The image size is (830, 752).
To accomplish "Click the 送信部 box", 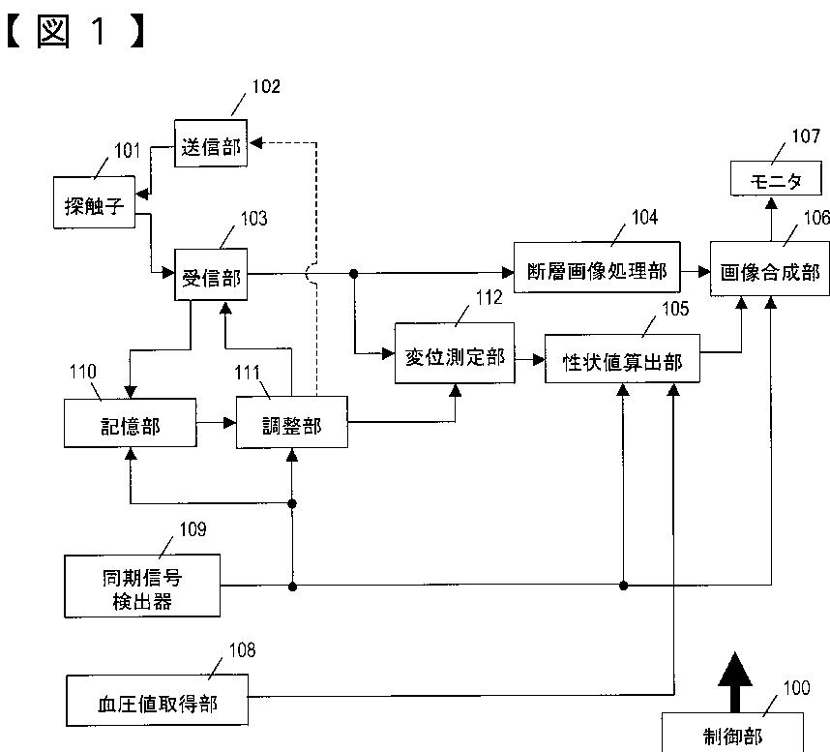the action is [x=211, y=143].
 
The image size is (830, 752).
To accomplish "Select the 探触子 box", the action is [x=94, y=203].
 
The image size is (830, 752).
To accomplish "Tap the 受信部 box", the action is [x=211, y=275].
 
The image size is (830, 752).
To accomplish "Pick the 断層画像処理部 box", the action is [x=597, y=267].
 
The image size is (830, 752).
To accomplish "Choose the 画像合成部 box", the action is [x=770, y=268].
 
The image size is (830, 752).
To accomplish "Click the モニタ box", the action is [x=776, y=178].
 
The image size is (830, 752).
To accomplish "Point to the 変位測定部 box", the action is [x=455, y=353].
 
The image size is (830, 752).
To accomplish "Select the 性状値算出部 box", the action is [x=623, y=358].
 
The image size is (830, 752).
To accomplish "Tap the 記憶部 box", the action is [x=131, y=423].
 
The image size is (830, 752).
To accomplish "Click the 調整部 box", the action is [x=292, y=422].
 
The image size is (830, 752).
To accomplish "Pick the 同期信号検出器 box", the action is [x=142, y=587].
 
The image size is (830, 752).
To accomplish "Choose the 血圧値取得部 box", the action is [x=158, y=700].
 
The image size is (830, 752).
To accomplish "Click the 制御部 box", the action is [x=732, y=733].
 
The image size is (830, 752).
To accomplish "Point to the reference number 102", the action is [x=266, y=86].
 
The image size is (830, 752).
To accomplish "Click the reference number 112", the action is [x=489, y=298].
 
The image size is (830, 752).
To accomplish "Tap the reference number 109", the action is [x=193, y=529].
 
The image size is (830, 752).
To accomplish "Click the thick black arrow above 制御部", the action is [x=735, y=682].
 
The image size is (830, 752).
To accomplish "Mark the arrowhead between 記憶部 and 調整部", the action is [x=229, y=423].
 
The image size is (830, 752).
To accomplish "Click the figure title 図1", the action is [x=75, y=31].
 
